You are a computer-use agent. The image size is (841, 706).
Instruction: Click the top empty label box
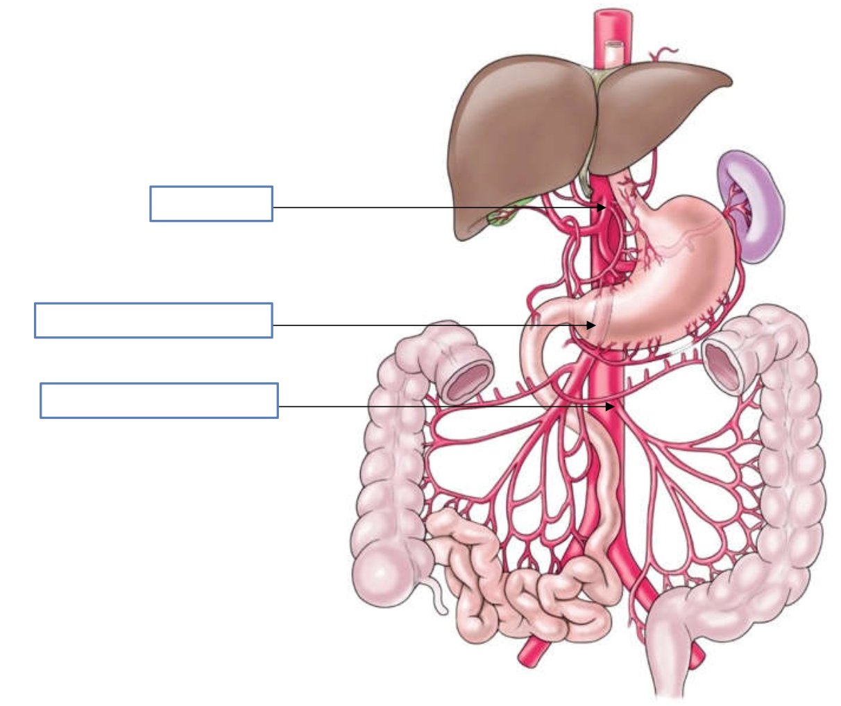(x=211, y=203)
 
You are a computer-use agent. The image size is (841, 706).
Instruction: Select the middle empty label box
(x=153, y=320)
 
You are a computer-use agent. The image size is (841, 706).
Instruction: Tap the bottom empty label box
(x=159, y=400)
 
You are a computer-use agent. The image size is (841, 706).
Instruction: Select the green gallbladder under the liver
(x=500, y=216)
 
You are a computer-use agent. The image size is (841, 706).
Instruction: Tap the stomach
(x=673, y=277)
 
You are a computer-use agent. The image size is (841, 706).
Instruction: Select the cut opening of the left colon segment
(x=722, y=364)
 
